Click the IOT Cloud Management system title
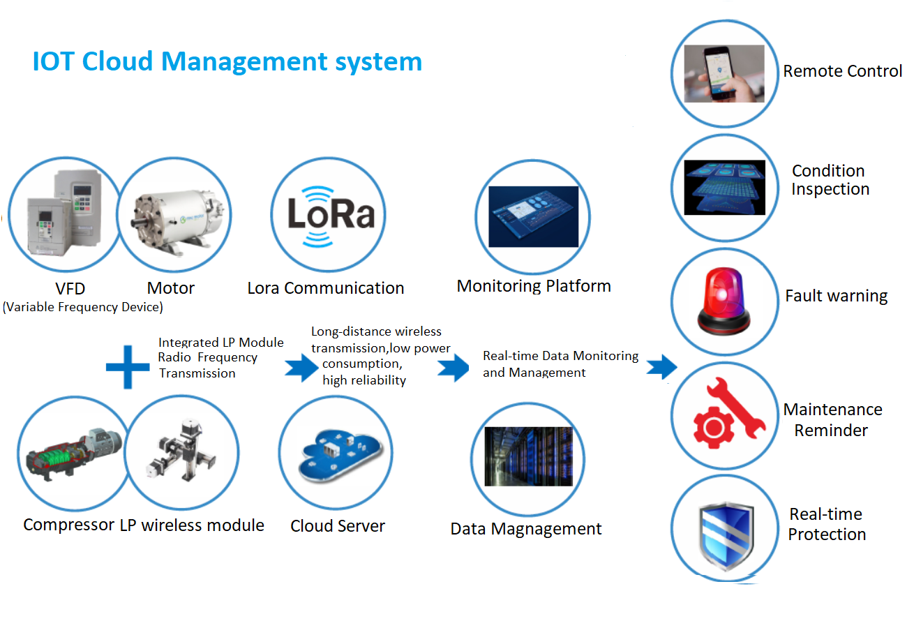click(x=227, y=61)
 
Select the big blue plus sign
click(x=128, y=366)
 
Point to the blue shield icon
click(x=725, y=534)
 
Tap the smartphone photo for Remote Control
click(x=724, y=74)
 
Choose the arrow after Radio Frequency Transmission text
click(x=301, y=367)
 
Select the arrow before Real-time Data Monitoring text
click(x=453, y=367)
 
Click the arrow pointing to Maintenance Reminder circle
click(x=661, y=366)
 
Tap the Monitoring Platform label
click(x=534, y=286)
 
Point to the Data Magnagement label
click(x=526, y=529)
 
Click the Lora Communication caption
click(x=326, y=288)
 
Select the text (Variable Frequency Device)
click(x=83, y=307)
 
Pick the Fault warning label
click(x=836, y=296)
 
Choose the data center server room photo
click(x=528, y=457)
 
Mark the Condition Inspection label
click(x=830, y=180)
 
